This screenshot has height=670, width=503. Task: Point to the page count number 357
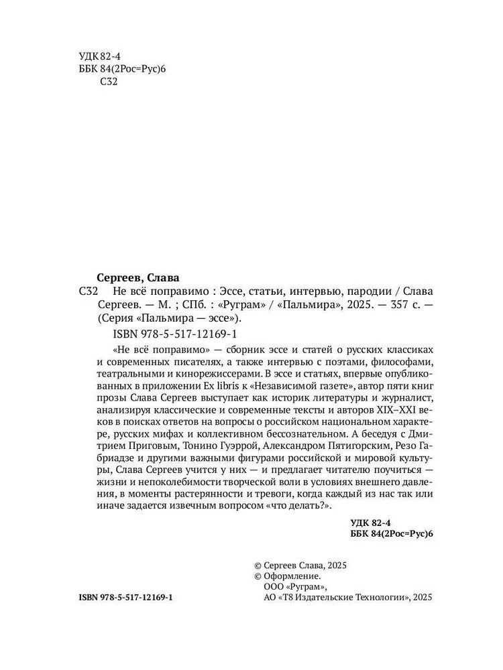tap(393, 305)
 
